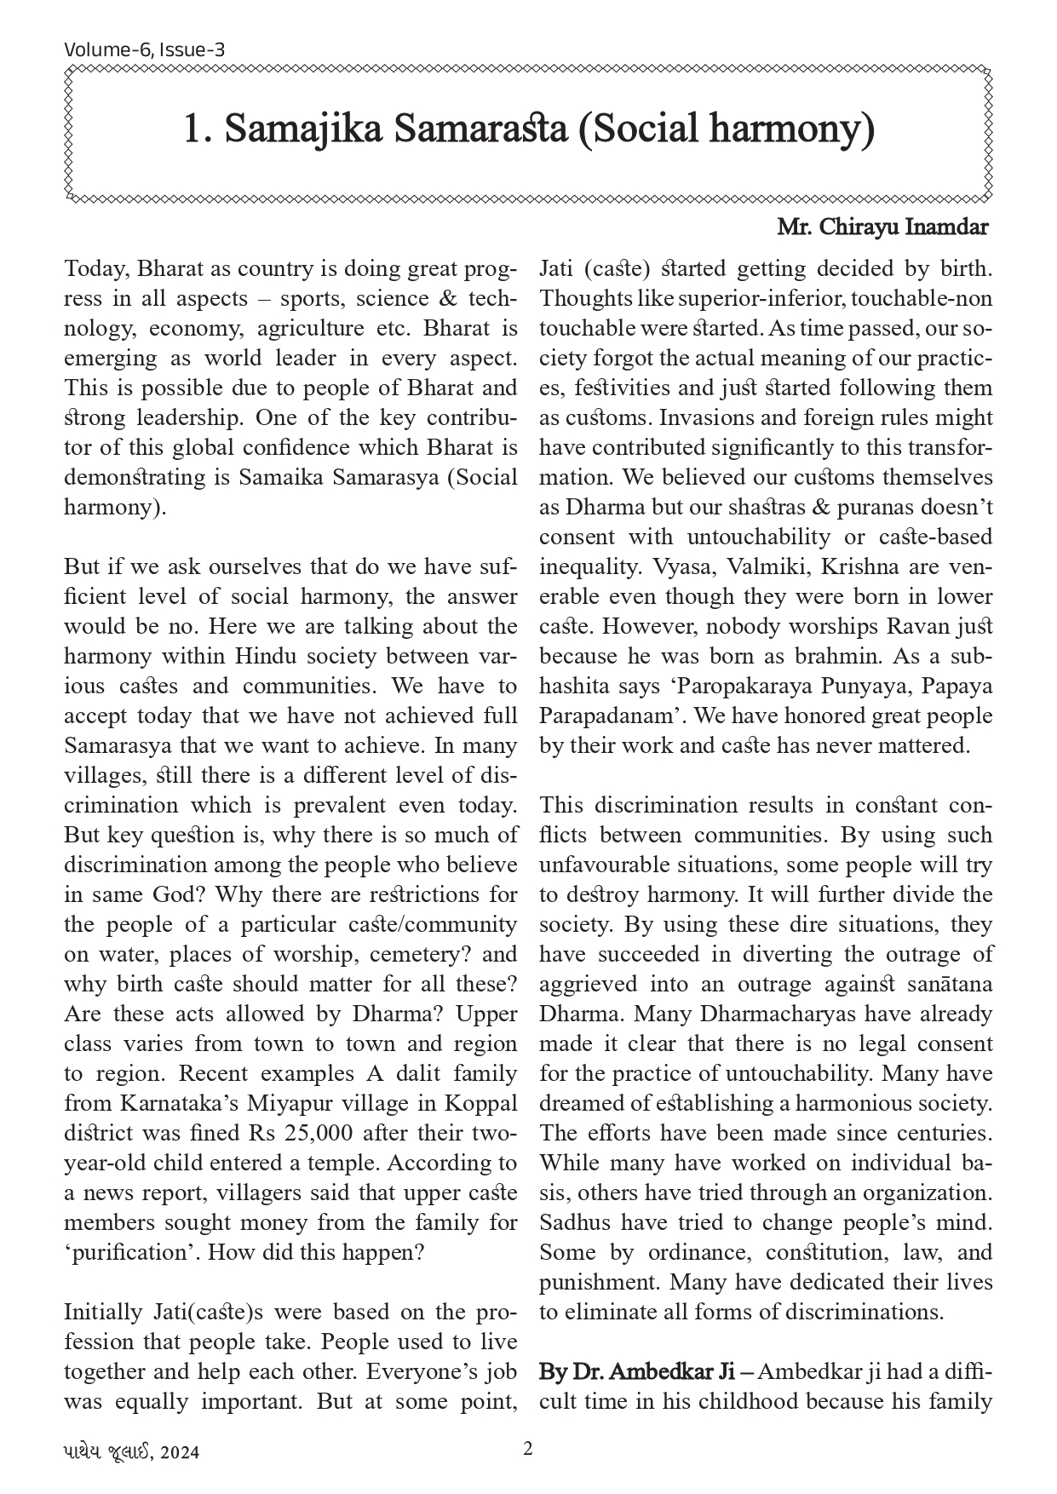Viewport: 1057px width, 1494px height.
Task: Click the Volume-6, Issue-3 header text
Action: coord(144,49)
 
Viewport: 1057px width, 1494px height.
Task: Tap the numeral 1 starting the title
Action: coord(192,129)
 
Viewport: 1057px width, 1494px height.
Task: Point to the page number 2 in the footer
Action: coord(528,1448)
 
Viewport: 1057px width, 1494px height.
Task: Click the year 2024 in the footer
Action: coord(181,1452)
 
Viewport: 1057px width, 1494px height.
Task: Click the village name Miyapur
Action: coord(285,1104)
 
